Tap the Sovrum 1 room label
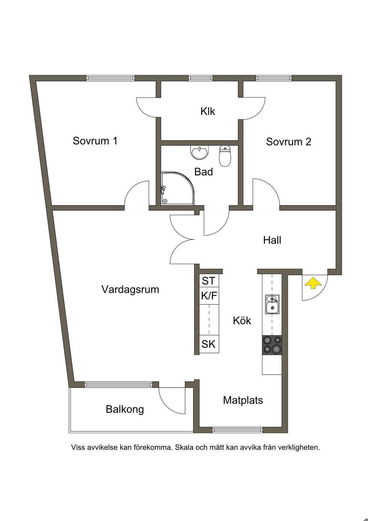point(95,141)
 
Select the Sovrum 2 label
point(289,142)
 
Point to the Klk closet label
point(208,111)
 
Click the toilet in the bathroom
point(225,156)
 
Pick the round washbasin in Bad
point(199,152)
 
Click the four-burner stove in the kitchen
point(272,345)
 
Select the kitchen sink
point(272,304)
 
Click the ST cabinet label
point(209,281)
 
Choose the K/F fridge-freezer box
point(209,296)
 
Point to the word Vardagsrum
point(130,290)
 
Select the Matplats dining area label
point(243,400)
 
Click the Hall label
point(272,240)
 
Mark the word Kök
point(242,321)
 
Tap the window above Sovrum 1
point(110,78)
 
